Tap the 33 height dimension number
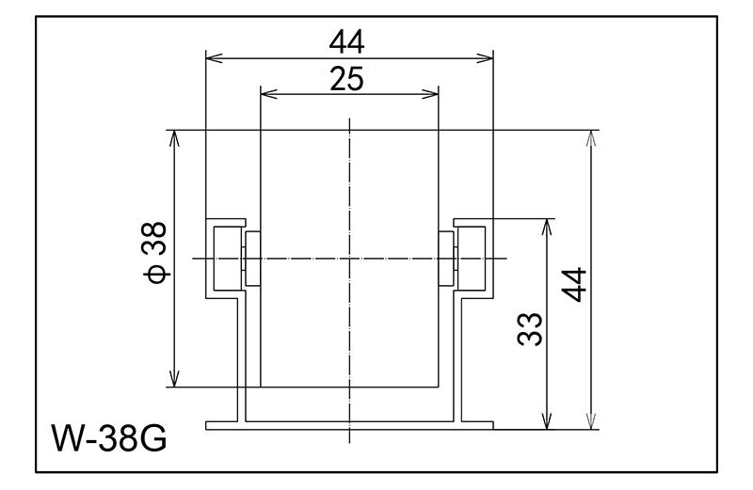pos(533,326)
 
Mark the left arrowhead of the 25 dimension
pos(266,94)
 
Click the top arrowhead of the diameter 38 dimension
pos(174,136)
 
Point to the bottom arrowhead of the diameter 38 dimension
pos(174,379)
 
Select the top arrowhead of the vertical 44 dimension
pos(590,136)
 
